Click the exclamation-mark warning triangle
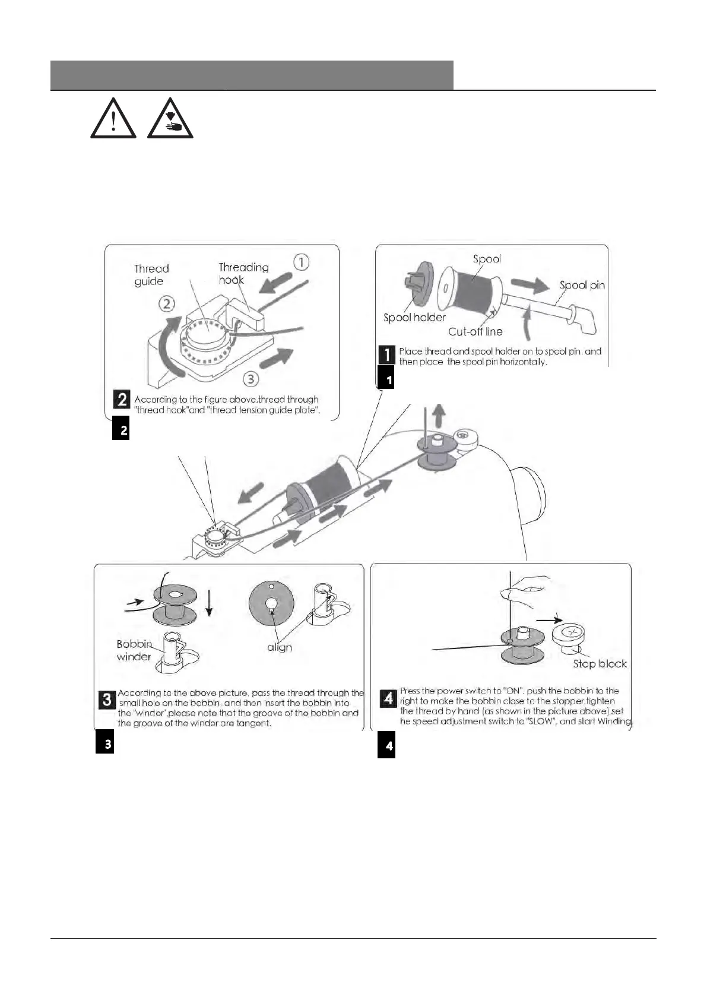point(113,119)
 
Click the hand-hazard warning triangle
point(170,119)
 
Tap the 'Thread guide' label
point(151,275)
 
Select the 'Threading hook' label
point(243,273)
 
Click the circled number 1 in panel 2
point(302,262)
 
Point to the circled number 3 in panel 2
point(251,378)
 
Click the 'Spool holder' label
point(414,317)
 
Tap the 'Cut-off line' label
point(475,331)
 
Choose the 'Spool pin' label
point(582,285)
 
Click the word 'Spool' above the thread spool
point(487,259)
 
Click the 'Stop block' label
point(600,663)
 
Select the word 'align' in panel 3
point(279,647)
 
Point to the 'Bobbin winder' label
point(134,650)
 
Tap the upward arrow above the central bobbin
point(437,416)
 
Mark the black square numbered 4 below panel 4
point(386,746)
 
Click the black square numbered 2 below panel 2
point(121,429)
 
